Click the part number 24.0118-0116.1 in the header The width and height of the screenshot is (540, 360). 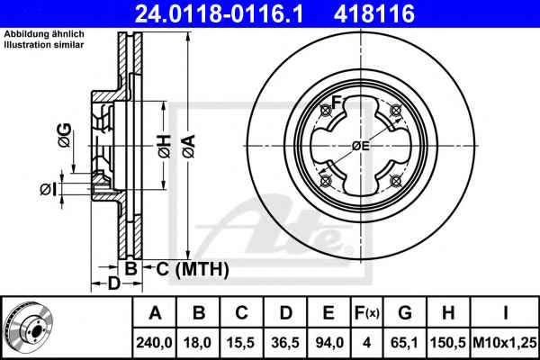[x=219, y=13]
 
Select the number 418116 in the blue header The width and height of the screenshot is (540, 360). [x=374, y=13]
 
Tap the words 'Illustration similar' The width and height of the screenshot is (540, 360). [x=44, y=45]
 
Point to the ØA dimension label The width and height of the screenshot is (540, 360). [x=189, y=147]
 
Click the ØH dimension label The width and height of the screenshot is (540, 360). [x=165, y=147]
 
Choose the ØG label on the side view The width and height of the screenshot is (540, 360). [x=65, y=135]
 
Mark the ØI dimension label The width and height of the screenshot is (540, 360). [x=48, y=190]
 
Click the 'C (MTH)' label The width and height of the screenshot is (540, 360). [x=193, y=269]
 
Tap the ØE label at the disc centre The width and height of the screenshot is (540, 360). [x=361, y=146]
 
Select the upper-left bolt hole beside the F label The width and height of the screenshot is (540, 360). [x=326, y=111]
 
